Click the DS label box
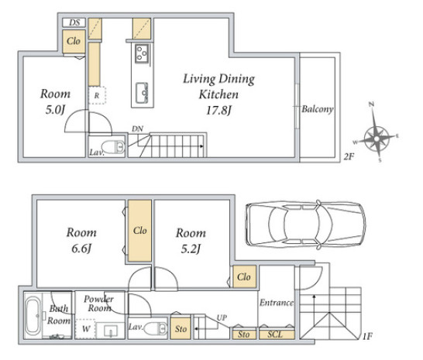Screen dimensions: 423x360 click(x=74, y=22)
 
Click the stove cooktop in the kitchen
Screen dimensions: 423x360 click(x=142, y=53)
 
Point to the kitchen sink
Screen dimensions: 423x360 click(x=142, y=93)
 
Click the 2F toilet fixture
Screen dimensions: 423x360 click(x=114, y=146)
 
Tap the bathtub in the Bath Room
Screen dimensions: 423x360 click(x=33, y=316)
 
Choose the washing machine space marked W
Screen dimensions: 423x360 click(x=85, y=329)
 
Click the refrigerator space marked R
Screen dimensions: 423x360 click(x=97, y=95)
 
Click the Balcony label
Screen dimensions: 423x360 click(x=318, y=109)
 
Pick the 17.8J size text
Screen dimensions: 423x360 click(x=218, y=110)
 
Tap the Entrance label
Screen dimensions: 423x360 click(x=277, y=303)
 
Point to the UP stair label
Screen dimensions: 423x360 click(x=222, y=318)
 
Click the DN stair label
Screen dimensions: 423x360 click(x=137, y=129)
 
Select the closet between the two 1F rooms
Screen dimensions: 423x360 click(x=139, y=231)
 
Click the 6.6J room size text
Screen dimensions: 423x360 click(x=81, y=249)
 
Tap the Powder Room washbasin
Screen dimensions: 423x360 click(x=111, y=331)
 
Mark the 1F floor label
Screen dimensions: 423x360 click(x=367, y=336)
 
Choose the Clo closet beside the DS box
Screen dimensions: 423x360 click(x=74, y=41)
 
